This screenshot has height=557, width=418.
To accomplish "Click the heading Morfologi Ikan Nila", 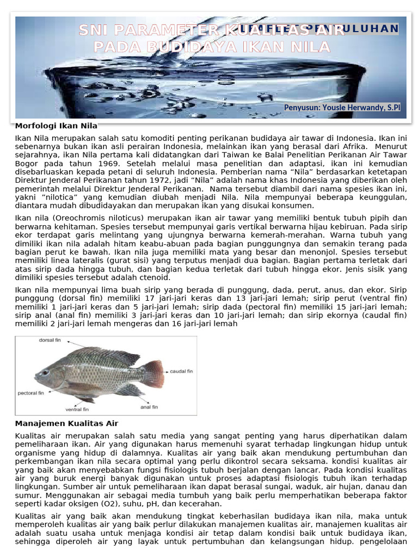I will (56, 126).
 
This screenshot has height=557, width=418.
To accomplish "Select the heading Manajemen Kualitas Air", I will (66, 423).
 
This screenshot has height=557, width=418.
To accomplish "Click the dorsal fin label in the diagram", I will (50, 341).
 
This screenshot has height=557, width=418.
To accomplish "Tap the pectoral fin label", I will (31, 393).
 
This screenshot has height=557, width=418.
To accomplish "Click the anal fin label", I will (149, 407).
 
